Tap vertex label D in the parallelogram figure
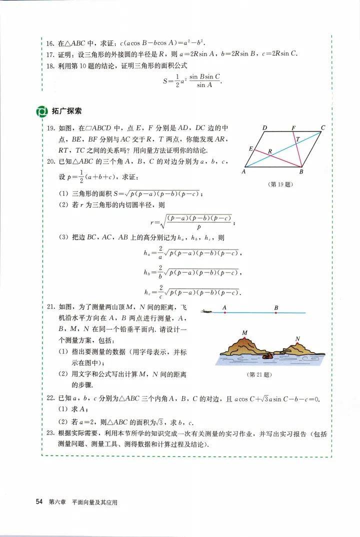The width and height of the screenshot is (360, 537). pyautogui.click(x=265, y=128)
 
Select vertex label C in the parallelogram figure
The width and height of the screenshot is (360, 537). pyautogui.click(x=323, y=128)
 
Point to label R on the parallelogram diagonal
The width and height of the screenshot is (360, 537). pyautogui.click(x=270, y=150)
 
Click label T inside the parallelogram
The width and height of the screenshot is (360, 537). pyautogui.click(x=298, y=139)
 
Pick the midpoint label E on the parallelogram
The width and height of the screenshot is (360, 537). pyautogui.click(x=251, y=149)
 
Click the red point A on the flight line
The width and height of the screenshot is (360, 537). pyautogui.click(x=225, y=312)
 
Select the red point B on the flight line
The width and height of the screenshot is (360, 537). pyautogui.click(x=276, y=312)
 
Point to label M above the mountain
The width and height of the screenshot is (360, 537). pyautogui.click(x=244, y=333)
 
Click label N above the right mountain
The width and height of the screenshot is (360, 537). pyautogui.click(x=297, y=339)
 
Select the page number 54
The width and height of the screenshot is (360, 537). pyautogui.click(x=39, y=501)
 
